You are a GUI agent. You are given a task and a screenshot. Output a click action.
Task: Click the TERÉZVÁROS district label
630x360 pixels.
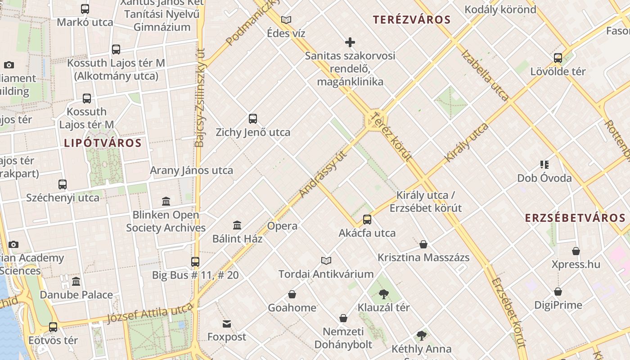tap(412, 20)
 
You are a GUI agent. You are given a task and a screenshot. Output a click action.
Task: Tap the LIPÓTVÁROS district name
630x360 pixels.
tap(103, 143)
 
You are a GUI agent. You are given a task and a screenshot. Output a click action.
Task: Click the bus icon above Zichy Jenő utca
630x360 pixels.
tap(253, 119)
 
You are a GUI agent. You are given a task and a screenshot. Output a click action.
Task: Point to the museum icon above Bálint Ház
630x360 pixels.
tap(237, 225)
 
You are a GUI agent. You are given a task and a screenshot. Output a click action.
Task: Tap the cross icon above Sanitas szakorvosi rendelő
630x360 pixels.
tap(350, 42)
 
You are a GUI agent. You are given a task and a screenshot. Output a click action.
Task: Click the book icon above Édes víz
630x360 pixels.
tap(286, 20)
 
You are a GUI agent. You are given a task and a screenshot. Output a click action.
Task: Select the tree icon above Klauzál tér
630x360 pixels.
tap(384, 294)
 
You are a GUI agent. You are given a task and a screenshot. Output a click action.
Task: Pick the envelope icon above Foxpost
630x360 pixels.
tap(227, 324)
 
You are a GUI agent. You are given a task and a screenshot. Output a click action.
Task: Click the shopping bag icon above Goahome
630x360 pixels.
tap(292, 294)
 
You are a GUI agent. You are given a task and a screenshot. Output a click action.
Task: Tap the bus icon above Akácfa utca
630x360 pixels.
tap(367, 220)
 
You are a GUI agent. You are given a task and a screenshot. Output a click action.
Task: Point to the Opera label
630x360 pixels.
tap(282, 226)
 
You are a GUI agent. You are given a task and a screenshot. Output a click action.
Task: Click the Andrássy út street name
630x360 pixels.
tap(324, 174)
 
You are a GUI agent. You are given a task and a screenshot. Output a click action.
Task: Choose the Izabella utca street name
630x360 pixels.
tap(485, 75)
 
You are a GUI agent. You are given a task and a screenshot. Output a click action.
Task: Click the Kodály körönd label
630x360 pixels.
tap(500, 9)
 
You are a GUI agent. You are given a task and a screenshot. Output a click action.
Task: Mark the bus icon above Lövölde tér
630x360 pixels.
tap(558, 58)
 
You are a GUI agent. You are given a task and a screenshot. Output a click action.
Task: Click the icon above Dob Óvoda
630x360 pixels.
tap(544, 165)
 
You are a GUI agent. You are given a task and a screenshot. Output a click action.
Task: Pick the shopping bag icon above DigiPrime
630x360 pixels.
tap(558, 292)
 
